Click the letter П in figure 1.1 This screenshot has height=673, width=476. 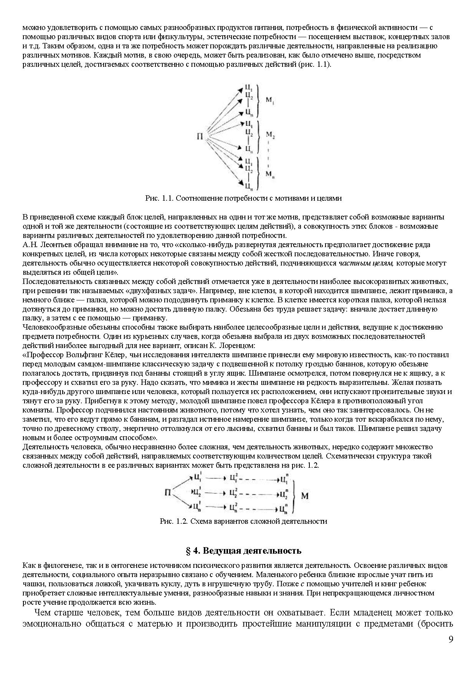coord(200,136)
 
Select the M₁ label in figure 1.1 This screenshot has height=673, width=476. coord(270,101)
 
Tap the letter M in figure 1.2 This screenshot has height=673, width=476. coord(304,496)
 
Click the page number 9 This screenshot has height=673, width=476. coord(451,639)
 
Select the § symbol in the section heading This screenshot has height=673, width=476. coord(188,551)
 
